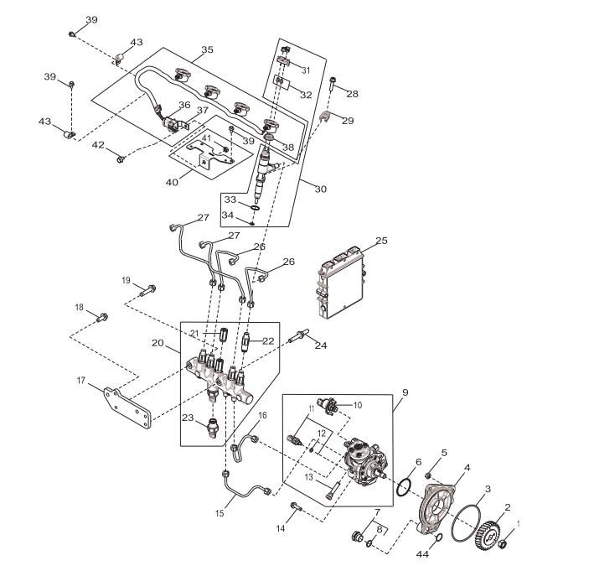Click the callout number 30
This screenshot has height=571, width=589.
click(x=320, y=189)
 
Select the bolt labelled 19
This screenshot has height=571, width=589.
click(x=149, y=291)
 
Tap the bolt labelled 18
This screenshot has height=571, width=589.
click(x=102, y=318)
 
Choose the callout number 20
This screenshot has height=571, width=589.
click(x=157, y=343)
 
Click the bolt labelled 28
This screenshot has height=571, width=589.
click(x=333, y=85)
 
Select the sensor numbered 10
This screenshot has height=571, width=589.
click(x=334, y=406)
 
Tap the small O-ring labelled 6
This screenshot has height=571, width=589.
click(x=405, y=485)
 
